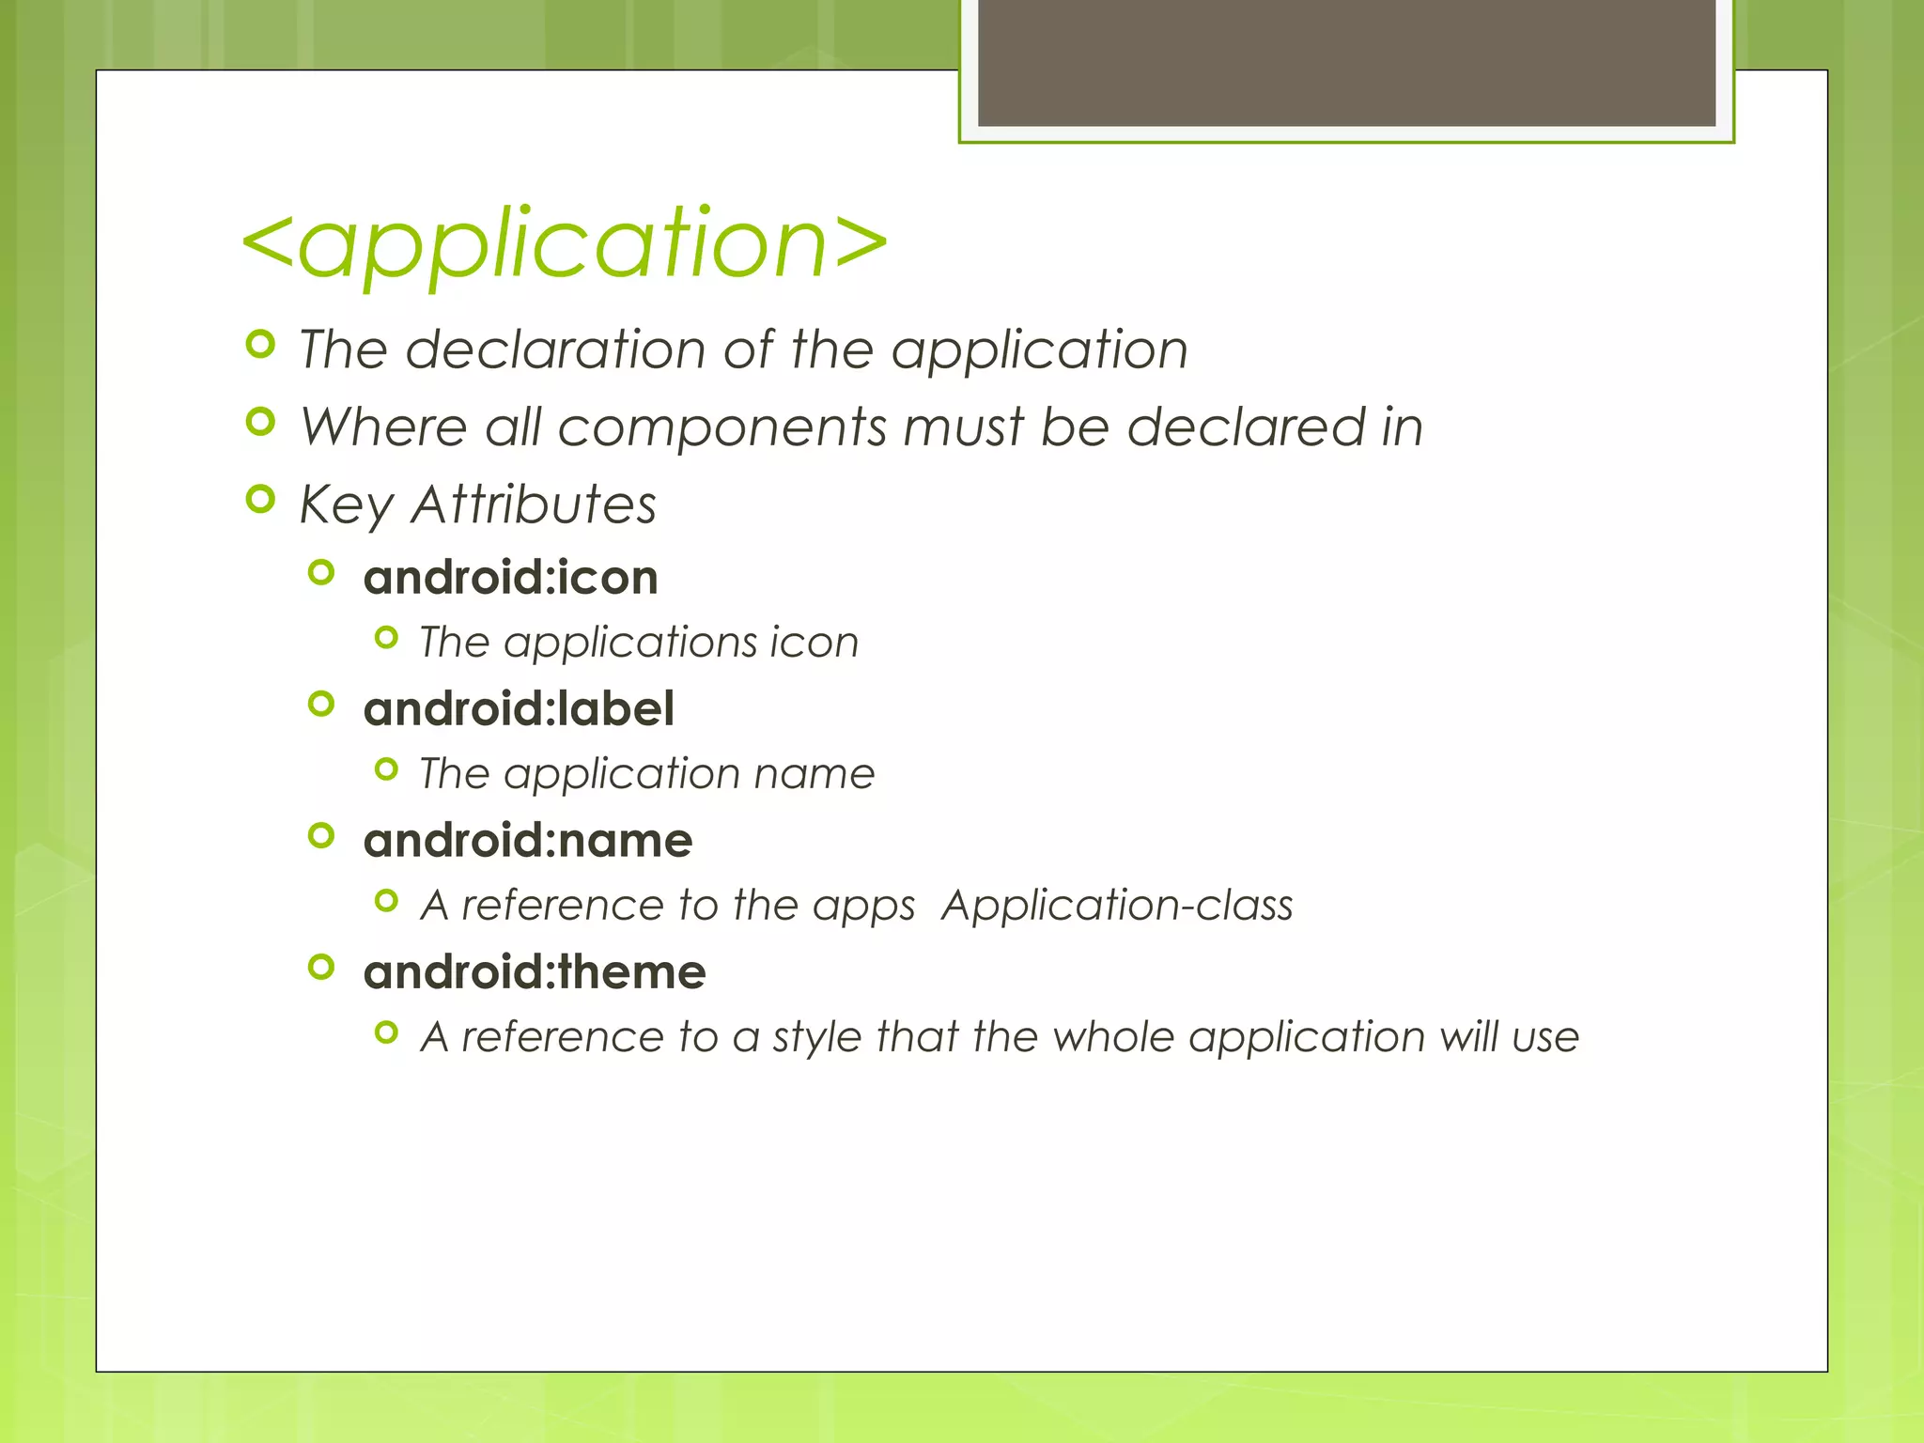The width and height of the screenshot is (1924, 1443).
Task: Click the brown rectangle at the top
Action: [1346, 62]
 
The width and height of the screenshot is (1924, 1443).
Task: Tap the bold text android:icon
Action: [510, 577]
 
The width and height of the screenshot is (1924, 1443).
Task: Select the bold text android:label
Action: [519, 708]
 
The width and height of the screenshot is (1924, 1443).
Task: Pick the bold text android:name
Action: [528, 840]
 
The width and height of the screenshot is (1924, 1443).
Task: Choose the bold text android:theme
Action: [535, 971]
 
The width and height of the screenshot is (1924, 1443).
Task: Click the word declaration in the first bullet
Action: [555, 349]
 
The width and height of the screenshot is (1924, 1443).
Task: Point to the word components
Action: [721, 428]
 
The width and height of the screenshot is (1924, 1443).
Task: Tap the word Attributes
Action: [534, 504]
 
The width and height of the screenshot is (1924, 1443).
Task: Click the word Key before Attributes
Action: [346, 505]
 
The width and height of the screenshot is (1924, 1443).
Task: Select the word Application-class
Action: [1117, 906]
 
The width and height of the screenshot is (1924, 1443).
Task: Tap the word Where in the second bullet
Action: [383, 427]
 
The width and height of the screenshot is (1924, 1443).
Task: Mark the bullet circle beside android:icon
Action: [321, 572]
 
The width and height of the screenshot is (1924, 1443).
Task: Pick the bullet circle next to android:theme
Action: [321, 967]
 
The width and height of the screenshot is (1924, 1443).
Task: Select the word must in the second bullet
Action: [963, 427]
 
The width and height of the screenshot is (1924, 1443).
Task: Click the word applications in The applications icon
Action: [628, 644]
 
